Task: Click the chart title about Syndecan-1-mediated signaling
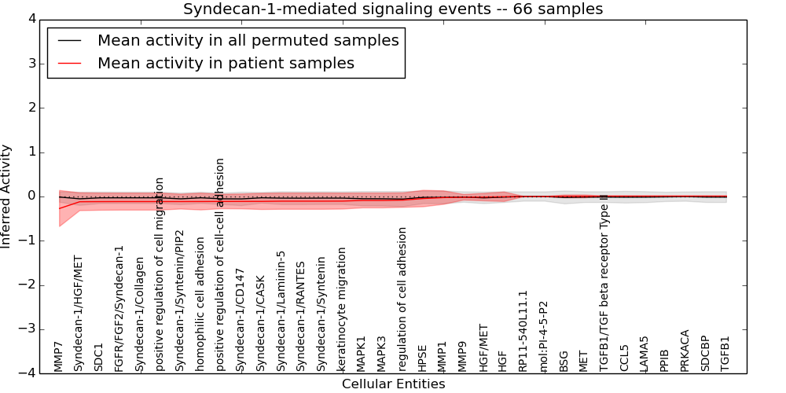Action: [393, 9]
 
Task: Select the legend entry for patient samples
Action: [226, 64]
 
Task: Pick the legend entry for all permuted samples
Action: [248, 40]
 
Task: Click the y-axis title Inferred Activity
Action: [7, 196]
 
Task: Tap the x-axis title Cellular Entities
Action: [393, 384]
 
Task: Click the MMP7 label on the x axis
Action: [58, 356]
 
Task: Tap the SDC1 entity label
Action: [99, 357]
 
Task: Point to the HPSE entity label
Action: [423, 358]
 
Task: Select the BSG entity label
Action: [564, 361]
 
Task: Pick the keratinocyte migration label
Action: [341, 309]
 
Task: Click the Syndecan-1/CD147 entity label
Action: [241, 320]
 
